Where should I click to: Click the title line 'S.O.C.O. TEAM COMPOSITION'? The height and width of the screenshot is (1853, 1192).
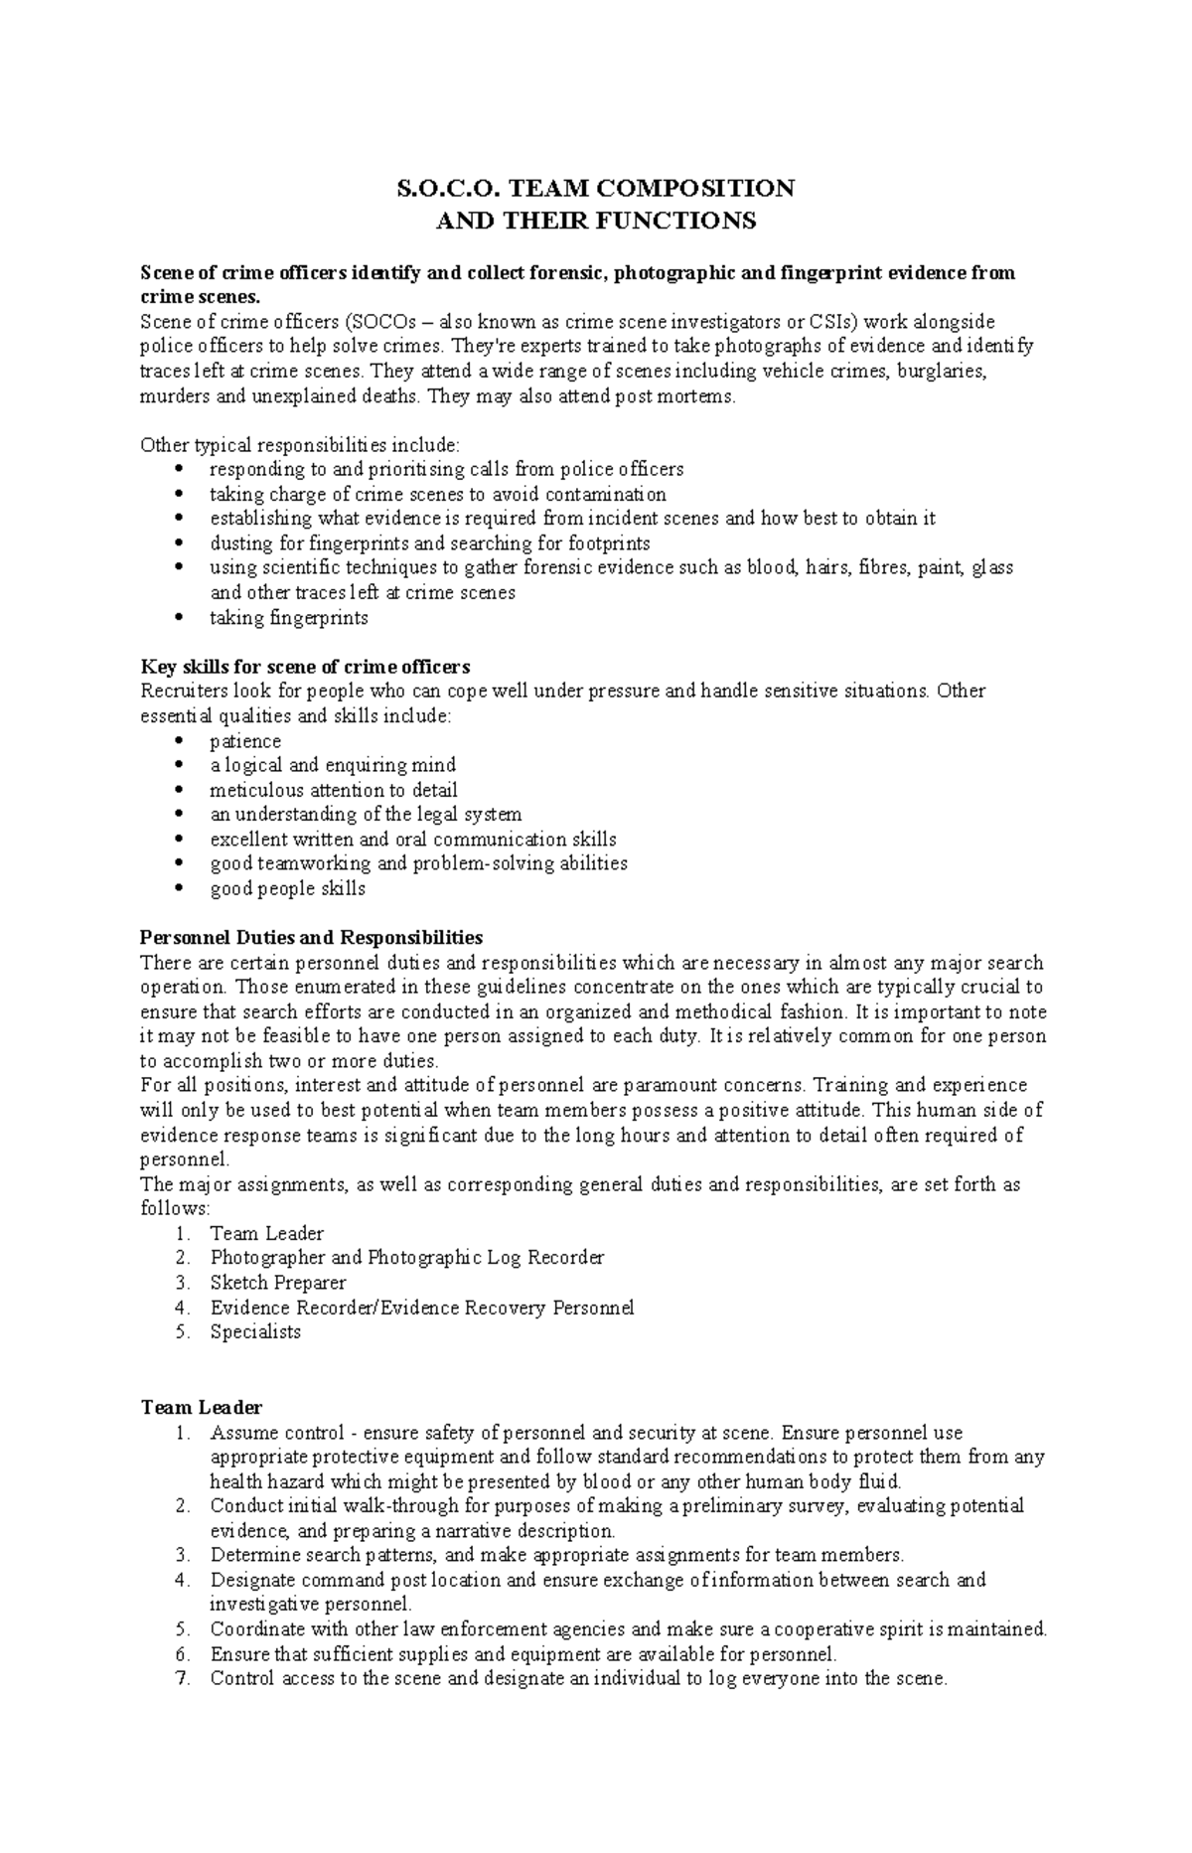click(x=596, y=189)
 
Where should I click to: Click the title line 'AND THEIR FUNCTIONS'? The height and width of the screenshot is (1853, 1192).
click(x=596, y=221)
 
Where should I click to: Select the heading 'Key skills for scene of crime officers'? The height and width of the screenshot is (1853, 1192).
click(x=305, y=666)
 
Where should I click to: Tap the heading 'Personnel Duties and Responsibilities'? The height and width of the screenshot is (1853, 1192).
click(x=311, y=937)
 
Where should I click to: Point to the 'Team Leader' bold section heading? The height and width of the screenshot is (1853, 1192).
click(x=202, y=1407)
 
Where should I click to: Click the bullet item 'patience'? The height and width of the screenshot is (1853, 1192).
click(x=245, y=741)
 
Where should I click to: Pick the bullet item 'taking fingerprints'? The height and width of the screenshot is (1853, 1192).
click(x=288, y=617)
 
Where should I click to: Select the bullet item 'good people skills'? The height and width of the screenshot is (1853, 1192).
click(x=287, y=888)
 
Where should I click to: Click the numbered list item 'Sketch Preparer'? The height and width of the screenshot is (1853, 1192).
click(x=277, y=1283)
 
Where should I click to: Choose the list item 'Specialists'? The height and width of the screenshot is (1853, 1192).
click(x=254, y=1331)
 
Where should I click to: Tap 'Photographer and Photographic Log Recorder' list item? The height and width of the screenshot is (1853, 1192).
click(x=406, y=1258)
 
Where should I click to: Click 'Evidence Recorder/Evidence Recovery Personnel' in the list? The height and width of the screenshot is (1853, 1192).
click(x=421, y=1308)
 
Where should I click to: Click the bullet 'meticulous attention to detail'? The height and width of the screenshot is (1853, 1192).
click(x=333, y=790)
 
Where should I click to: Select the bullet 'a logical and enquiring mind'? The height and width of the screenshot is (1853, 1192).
click(x=332, y=765)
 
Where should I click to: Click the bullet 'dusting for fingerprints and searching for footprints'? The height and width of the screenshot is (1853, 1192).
click(x=429, y=543)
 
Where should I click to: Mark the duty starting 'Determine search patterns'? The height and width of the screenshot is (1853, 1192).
click(x=556, y=1555)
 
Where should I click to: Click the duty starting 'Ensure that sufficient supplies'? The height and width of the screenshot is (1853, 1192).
click(x=522, y=1654)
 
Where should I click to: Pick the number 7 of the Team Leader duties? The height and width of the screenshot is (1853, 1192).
click(x=181, y=1679)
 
